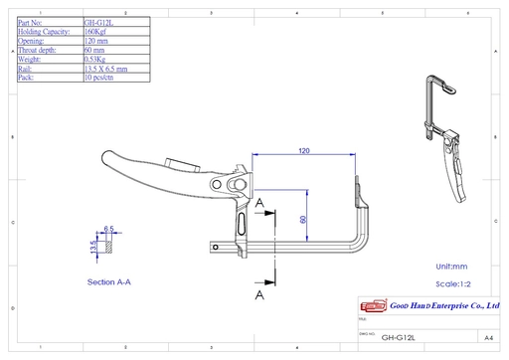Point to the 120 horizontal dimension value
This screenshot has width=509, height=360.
pos(303,150)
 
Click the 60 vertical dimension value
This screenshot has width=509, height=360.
pos(303,221)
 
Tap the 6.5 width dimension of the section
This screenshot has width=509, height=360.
pos(108,229)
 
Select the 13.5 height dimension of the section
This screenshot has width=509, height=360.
pos(94,246)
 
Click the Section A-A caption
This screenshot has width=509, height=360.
pos(109,282)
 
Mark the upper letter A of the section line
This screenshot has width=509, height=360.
pos(259,203)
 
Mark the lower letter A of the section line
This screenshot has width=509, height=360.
pos(259,295)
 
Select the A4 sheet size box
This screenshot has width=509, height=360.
pos(488,337)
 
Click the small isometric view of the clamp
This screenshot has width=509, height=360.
pos(444,134)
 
